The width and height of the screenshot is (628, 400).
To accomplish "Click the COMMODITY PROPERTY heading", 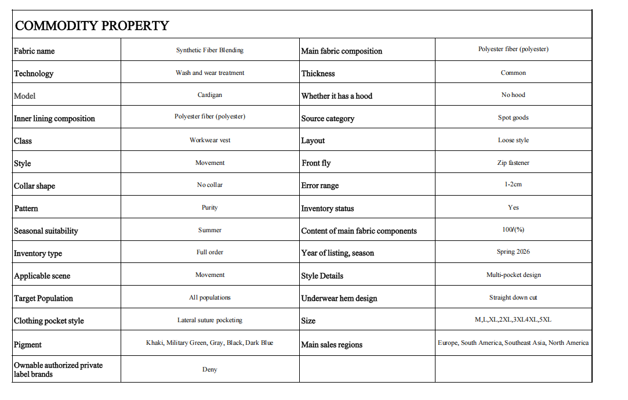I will coord(92,26).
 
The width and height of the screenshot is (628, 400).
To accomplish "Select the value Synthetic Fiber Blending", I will coord(209,51).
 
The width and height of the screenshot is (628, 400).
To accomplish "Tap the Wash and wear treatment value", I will coord(209,73).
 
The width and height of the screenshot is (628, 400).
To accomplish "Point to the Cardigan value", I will coord(209,95).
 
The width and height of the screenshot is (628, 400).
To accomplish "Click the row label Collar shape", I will coord(35,186).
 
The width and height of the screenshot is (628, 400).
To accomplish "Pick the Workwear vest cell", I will coord(209,140).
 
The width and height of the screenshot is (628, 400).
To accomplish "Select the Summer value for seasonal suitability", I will coord(209,230).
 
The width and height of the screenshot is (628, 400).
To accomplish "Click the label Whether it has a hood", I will coord(336,96).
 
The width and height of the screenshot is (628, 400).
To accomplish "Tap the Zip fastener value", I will coord(513,163).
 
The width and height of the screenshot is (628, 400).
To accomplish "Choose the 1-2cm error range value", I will coord(513,185).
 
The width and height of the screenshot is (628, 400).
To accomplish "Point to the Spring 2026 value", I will coord(513,252).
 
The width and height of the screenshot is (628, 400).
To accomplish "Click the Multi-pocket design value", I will coord(513,275).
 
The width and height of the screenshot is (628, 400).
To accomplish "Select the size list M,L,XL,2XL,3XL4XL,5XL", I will coord(513,320).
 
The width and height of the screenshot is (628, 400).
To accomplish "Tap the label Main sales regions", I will coord(332,344).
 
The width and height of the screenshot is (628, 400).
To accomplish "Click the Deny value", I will coord(209,370).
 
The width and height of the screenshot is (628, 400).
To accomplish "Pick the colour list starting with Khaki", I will coord(209,343).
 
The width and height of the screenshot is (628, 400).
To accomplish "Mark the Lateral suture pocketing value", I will coord(209,320).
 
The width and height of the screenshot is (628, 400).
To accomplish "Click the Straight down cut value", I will coord(513,298).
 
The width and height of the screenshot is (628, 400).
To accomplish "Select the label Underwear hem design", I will coord(339,298).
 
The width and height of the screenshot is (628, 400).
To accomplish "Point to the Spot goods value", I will coord(513,118).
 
